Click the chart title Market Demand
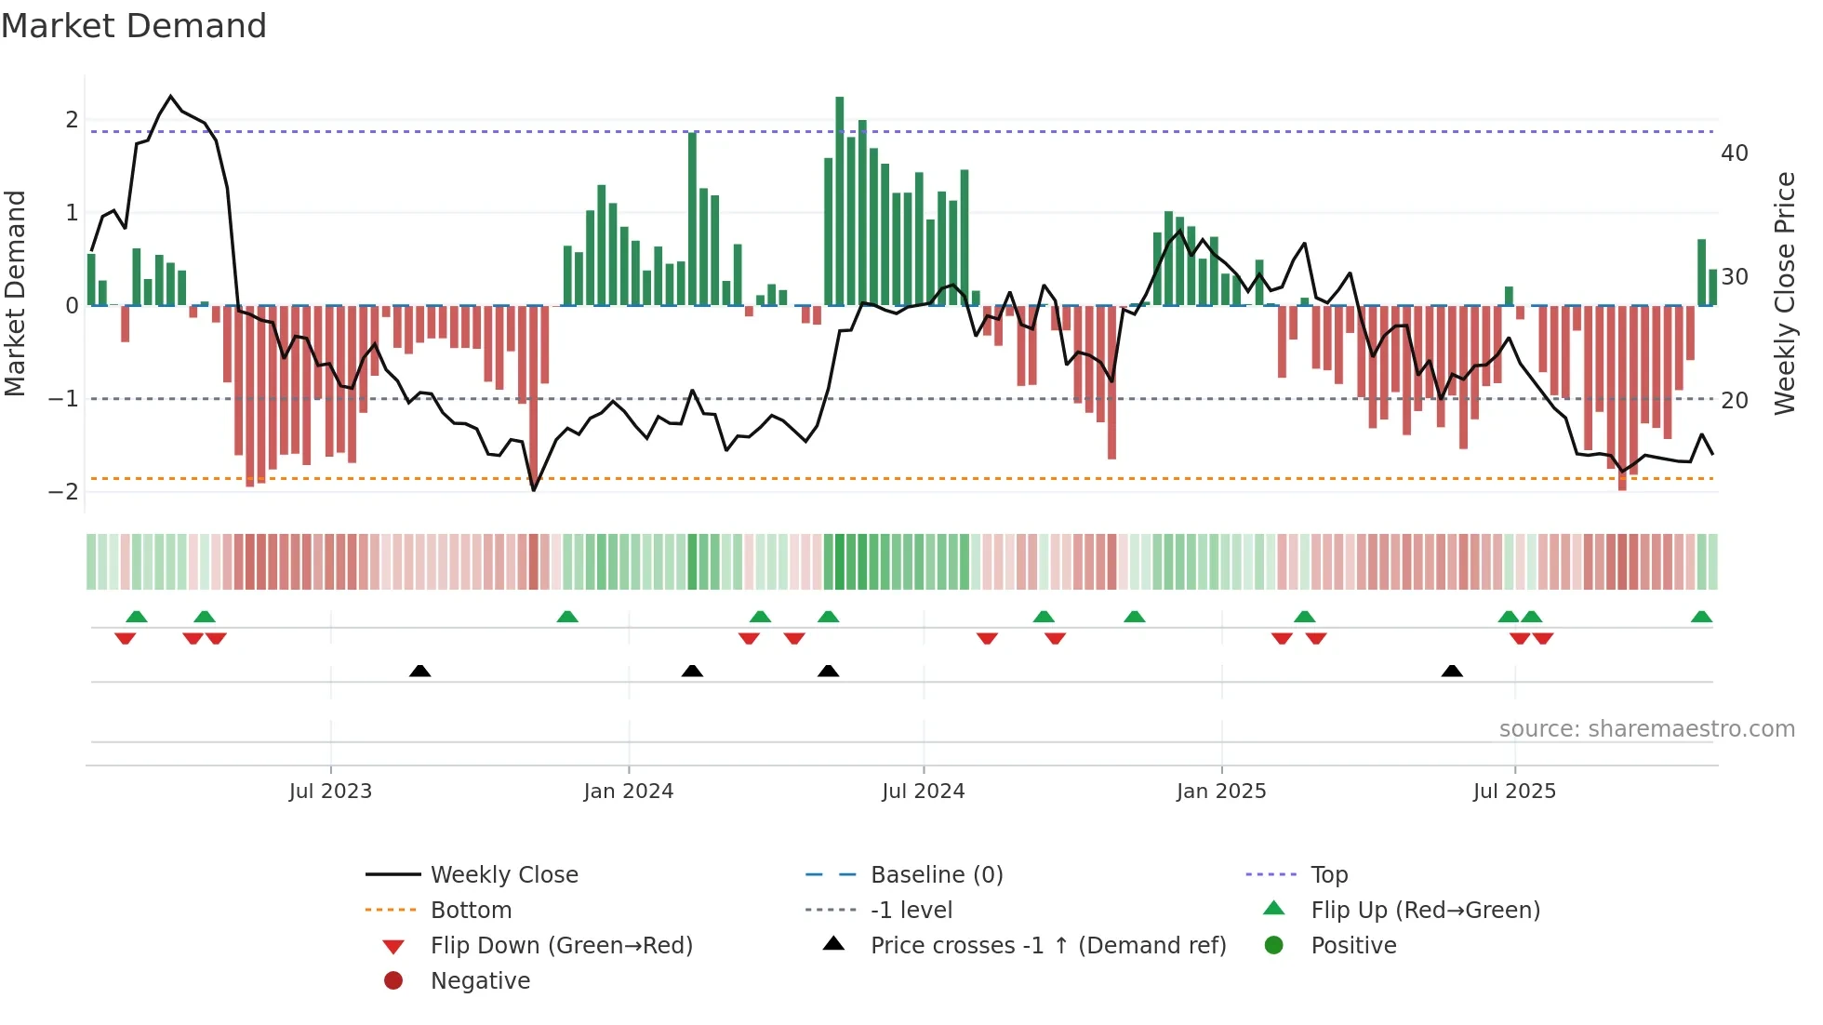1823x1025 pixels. pyautogui.click(x=134, y=26)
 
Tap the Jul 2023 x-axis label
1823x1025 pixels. pyautogui.click(x=330, y=792)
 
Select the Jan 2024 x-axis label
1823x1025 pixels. pyautogui.click(x=628, y=792)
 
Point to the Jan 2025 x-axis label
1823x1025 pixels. pyautogui.click(x=1220, y=792)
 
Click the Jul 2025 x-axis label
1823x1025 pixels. pyautogui.click(x=1514, y=792)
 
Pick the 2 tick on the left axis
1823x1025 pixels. pyautogui.click(x=72, y=120)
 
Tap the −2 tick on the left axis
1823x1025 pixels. pyautogui.click(x=64, y=492)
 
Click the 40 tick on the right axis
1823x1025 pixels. pyautogui.click(x=1735, y=153)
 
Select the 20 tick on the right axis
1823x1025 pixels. pyautogui.click(x=1735, y=401)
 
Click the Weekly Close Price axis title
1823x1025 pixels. pyautogui.click(x=1784, y=293)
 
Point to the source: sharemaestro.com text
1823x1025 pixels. pyautogui.click(x=1646, y=729)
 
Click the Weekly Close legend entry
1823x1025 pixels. pyautogui.click(x=503, y=875)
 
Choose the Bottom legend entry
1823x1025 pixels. pyautogui.click(x=471, y=911)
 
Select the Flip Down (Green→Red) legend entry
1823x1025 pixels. pyautogui.click(x=561, y=946)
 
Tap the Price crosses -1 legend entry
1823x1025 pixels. pyautogui.click(x=1047, y=946)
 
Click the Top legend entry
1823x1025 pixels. pyautogui.click(x=1329, y=875)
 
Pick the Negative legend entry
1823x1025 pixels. pyautogui.click(x=480, y=981)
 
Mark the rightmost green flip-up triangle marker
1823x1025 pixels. pyautogui.click(x=1701, y=617)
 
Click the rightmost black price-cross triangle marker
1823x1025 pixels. pyautogui.click(x=1452, y=672)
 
